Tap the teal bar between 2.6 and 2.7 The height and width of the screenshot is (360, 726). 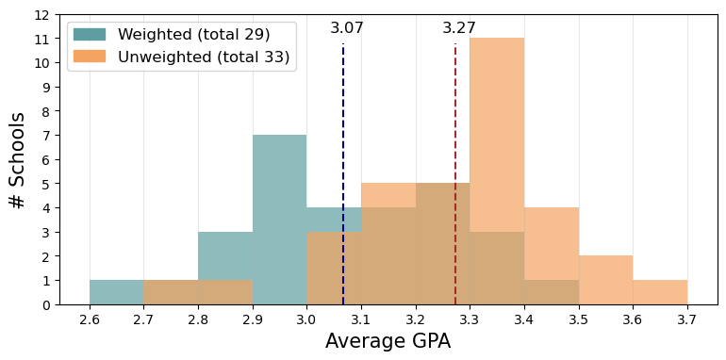tap(116, 292)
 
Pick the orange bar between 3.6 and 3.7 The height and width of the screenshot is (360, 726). tap(659, 292)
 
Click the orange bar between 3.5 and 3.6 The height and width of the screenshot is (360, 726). tap(605, 280)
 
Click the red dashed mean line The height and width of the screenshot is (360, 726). tap(455, 141)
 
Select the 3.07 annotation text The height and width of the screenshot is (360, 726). tap(347, 28)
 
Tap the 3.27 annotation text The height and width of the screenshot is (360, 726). tap(459, 28)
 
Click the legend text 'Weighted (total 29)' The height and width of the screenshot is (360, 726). tap(193, 34)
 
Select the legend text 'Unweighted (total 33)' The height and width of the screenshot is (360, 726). tap(204, 57)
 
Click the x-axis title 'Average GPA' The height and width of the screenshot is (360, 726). tap(388, 342)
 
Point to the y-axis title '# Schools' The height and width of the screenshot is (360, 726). tap(17, 160)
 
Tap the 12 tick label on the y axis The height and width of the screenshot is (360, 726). tap(41, 15)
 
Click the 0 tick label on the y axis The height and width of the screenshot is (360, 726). tap(44, 304)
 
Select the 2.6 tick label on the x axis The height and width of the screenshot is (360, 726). tap(90, 320)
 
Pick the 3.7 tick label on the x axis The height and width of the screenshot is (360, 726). tap(686, 320)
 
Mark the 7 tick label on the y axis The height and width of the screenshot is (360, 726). tap(44, 136)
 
